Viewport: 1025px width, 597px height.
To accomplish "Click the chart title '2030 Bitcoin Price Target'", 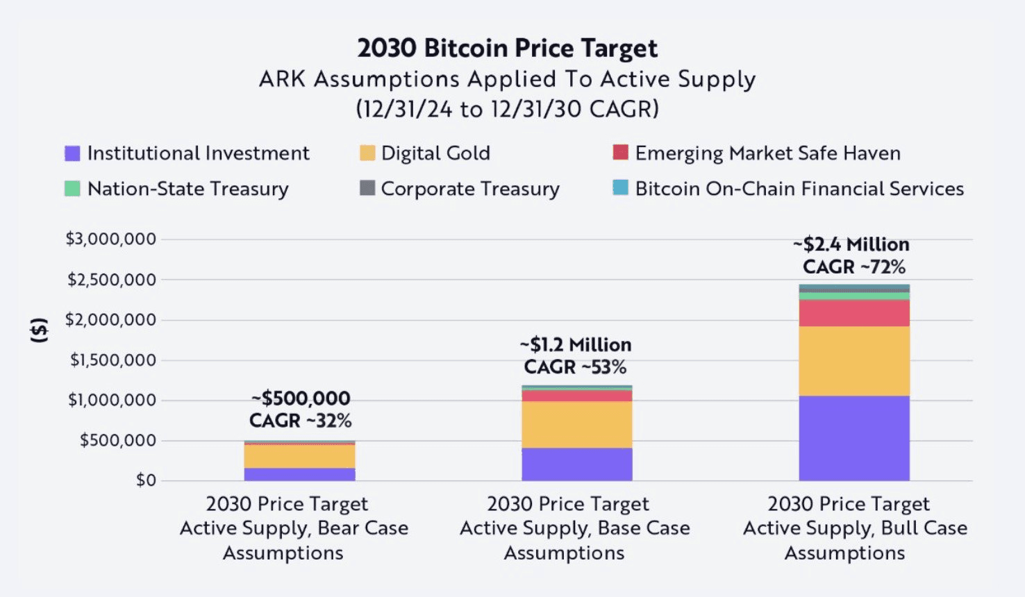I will [507, 48].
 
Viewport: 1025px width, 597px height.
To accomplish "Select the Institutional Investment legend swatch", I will [72, 153].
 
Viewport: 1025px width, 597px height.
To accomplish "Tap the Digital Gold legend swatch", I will [367, 153].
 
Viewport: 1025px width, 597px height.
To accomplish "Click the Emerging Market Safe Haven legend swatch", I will [621, 153].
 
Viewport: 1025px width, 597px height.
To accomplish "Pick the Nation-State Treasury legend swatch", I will [72, 189].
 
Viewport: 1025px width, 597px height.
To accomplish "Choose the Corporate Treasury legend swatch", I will [367, 188].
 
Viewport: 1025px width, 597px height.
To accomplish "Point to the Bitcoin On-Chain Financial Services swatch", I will [621, 188].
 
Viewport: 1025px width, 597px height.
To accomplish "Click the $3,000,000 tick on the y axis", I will [111, 239].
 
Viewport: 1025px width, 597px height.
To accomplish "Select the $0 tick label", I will [146, 480].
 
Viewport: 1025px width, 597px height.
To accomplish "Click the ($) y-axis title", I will [40, 330].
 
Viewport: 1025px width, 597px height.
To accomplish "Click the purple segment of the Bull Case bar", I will [854, 438].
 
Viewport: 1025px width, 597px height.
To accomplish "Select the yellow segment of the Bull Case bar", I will [854, 361].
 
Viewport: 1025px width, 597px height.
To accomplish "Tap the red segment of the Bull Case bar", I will [854, 313].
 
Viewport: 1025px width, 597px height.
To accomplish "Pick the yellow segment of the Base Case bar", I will [577, 425].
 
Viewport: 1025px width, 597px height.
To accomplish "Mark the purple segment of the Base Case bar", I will [577, 464].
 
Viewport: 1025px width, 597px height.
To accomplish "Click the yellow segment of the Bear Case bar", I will [299, 456].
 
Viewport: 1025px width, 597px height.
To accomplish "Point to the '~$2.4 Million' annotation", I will [851, 244].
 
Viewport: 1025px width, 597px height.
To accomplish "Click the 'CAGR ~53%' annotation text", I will [575, 367].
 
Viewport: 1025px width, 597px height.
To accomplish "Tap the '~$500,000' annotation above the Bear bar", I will [301, 398].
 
